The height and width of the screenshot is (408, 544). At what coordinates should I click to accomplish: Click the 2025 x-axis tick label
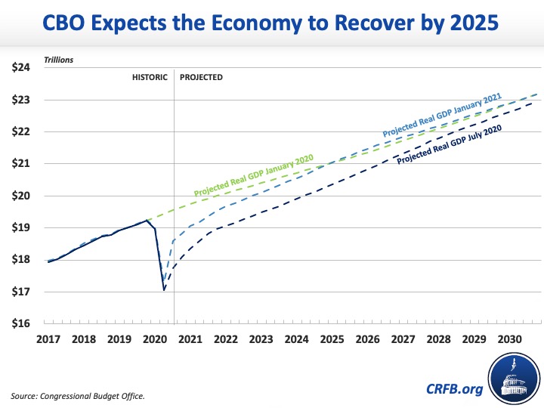click(330, 339)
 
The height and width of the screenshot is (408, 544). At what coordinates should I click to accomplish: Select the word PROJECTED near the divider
click(201, 78)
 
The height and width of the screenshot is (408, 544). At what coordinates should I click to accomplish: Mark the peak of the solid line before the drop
click(146, 220)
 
